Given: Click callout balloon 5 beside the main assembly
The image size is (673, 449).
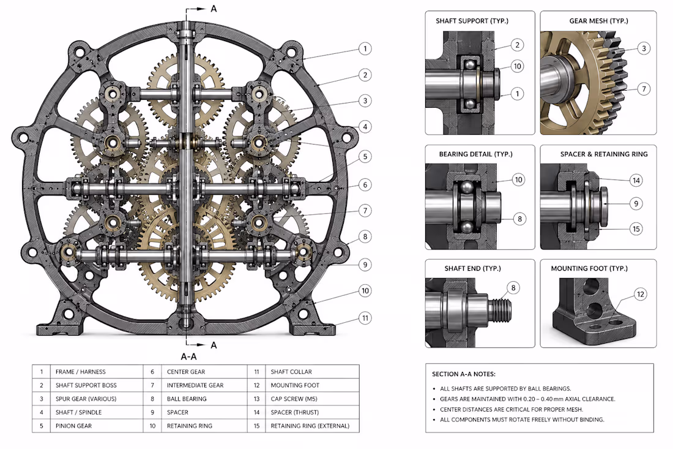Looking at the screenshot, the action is (365, 156).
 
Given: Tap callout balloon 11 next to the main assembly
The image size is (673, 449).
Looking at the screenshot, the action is (365, 319).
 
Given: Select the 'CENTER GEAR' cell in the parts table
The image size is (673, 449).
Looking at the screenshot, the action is (186, 372).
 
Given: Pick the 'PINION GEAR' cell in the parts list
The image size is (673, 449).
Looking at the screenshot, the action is (73, 426).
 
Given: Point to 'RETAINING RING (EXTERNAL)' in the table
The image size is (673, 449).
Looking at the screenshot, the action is (310, 426).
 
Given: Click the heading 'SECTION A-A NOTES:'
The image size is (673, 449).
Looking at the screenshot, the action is (464, 374).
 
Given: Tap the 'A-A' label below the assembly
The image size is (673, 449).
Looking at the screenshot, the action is (188, 357).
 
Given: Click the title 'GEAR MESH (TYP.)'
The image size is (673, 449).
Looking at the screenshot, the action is (598, 21).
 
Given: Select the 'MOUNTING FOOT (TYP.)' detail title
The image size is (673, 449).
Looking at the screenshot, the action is (589, 268).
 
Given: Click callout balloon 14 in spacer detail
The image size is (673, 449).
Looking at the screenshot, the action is (636, 181).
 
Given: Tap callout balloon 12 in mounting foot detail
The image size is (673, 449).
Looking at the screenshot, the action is (641, 294).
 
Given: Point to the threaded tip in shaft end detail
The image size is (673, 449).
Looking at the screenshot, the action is (500, 309).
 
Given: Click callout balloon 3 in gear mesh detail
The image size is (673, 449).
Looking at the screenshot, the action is (644, 48).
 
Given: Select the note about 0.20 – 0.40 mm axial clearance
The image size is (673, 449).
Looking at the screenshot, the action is (527, 399).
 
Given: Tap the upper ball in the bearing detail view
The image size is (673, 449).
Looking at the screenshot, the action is (466, 187).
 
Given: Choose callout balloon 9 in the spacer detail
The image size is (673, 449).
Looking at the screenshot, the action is (636, 203).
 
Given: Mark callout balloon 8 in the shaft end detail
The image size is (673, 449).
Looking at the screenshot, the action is (513, 288).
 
